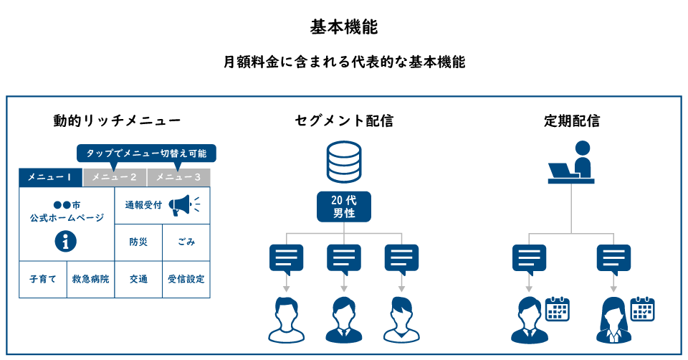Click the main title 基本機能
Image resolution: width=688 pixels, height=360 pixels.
(344, 27)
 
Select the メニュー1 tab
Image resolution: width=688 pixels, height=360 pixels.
(50, 177)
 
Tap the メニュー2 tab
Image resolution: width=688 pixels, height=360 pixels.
(115, 177)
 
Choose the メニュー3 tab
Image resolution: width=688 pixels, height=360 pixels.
(178, 177)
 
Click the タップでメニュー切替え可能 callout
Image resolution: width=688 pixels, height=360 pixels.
(146, 153)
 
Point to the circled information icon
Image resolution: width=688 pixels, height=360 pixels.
(66, 242)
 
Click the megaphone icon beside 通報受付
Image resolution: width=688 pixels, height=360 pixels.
(182, 206)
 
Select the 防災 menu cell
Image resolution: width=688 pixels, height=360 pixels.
(138, 242)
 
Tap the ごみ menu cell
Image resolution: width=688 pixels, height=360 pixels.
(186, 242)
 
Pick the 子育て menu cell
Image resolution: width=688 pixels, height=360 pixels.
(42, 279)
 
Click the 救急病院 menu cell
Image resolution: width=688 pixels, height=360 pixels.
(90, 279)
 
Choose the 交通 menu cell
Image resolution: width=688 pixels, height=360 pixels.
(138, 279)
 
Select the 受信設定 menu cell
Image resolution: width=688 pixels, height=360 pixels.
(186, 279)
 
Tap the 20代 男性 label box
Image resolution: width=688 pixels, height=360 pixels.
(344, 207)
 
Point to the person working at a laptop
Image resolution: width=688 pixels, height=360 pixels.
(573, 164)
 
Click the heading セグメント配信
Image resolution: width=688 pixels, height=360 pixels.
(344, 121)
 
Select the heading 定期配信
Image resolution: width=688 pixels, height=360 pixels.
(571, 121)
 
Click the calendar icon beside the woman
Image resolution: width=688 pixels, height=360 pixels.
(643, 309)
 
